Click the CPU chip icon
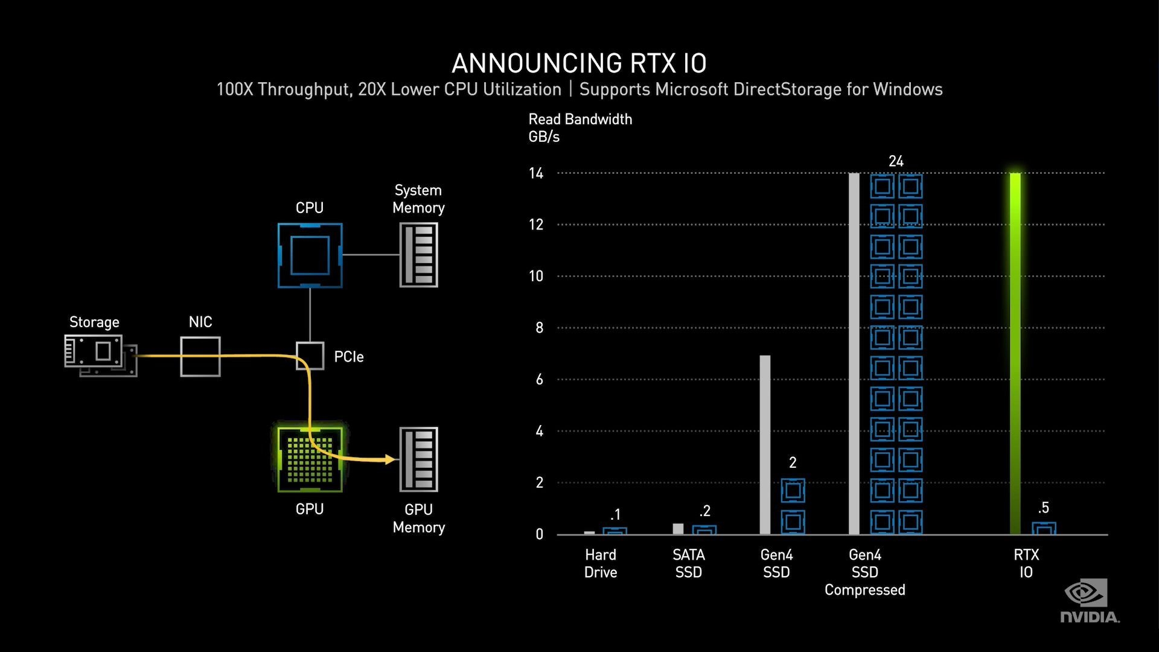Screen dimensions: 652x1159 [310, 255]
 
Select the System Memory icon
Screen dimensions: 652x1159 [418, 255]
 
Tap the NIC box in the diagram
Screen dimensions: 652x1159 [200, 357]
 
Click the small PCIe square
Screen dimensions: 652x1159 [310, 356]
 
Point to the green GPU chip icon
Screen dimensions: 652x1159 [310, 459]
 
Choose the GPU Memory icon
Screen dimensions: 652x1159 [418, 459]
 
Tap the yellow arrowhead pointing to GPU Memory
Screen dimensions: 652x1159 [390, 459]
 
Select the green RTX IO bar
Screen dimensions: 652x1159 [1015, 353]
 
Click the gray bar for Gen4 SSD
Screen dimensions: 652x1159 [765, 445]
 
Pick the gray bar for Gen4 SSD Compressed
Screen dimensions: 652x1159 [854, 353]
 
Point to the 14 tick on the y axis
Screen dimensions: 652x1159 [536, 174]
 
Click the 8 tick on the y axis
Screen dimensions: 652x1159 [539, 328]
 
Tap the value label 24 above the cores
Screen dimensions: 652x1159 [896, 161]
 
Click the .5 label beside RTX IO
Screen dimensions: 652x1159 [1044, 508]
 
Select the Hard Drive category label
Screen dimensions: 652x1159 [601, 563]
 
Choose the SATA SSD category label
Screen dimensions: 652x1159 [689, 563]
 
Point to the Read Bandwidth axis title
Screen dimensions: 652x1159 [580, 120]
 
